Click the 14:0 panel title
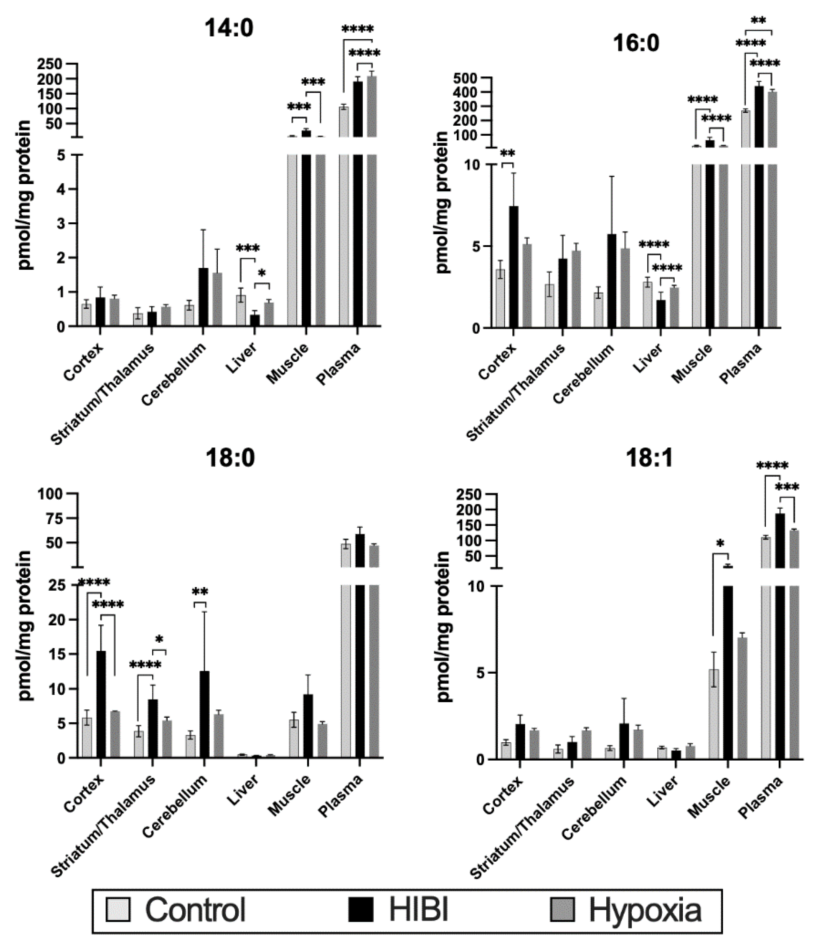click(229, 28)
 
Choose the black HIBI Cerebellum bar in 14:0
click(203, 297)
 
